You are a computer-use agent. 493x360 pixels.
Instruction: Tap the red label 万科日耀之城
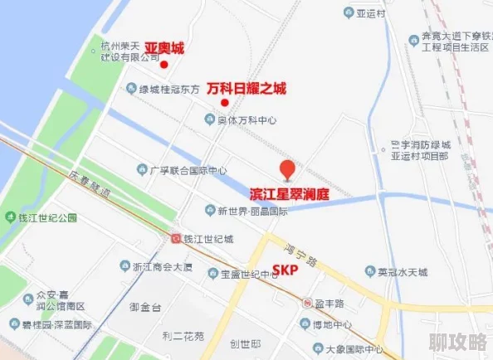[246, 88]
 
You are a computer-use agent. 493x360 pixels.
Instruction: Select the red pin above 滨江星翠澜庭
[287, 169]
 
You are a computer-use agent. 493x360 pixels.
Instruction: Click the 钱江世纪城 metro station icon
[176, 239]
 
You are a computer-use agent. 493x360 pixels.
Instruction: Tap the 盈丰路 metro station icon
[307, 303]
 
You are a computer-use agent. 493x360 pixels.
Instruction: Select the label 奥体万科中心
[246, 120]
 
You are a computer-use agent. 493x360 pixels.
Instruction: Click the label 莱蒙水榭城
[401, 271]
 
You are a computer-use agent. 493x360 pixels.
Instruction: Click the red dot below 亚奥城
[164, 64]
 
